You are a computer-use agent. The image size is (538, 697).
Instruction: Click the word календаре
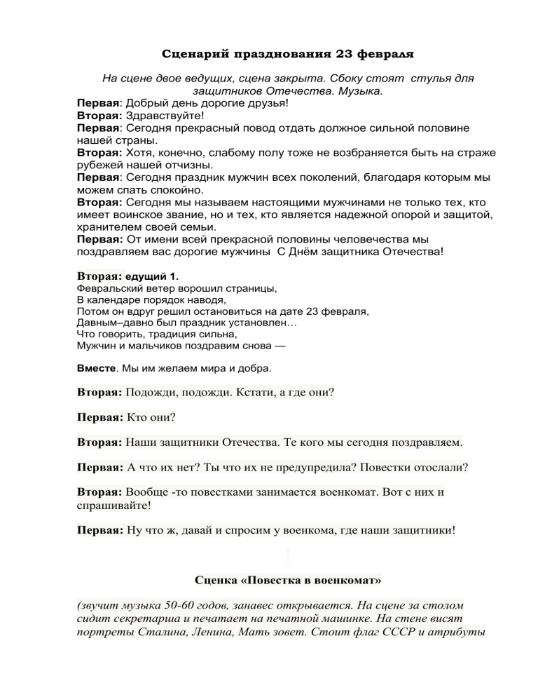tap(114, 299)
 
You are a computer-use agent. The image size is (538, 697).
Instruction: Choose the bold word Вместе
tap(94, 368)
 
